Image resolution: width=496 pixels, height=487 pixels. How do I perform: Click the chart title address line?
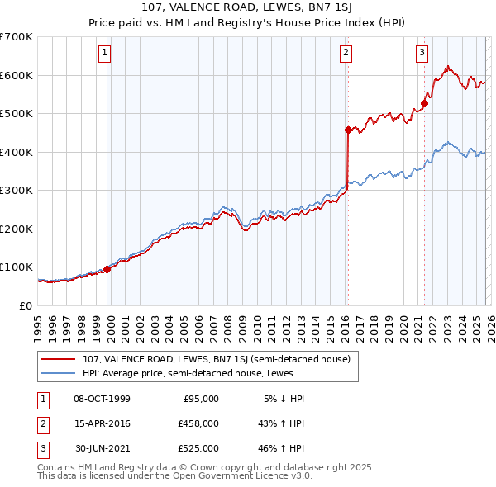point(247,9)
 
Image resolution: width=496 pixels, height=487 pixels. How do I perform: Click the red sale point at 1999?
point(107,269)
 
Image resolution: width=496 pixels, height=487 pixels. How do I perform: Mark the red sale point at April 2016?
point(348,130)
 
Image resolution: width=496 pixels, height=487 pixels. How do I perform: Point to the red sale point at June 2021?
point(424,104)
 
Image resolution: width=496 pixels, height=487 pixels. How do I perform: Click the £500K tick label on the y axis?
point(17,113)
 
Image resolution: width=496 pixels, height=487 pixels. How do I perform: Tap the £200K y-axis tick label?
point(17,229)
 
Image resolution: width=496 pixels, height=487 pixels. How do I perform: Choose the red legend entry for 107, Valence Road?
point(217,359)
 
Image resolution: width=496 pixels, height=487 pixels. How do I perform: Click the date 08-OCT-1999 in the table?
point(102,399)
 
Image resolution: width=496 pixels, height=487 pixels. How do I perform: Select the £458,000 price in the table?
point(198,423)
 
